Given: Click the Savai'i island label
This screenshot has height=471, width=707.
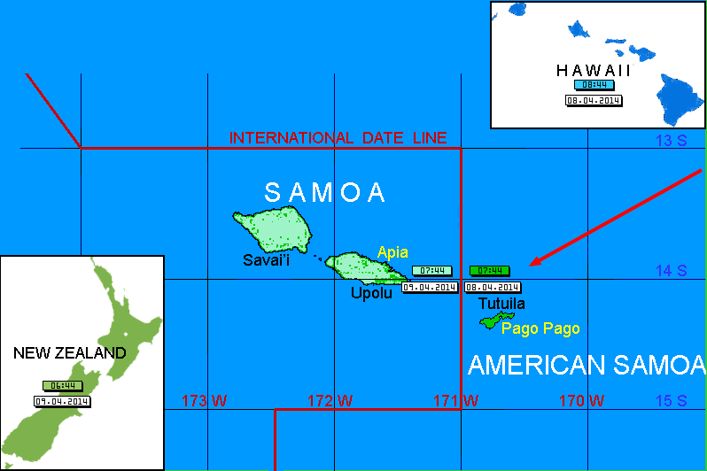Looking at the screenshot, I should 268,259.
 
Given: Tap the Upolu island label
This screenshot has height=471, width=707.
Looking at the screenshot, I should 371,293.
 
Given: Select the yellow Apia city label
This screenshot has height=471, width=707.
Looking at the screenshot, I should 392,252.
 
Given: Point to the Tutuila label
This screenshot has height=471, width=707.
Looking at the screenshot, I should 501,304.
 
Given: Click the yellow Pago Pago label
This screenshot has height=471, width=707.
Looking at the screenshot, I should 540,328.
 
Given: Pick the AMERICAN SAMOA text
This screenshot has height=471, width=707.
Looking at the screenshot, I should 587,365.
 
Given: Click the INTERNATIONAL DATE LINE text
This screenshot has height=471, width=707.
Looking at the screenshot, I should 338,138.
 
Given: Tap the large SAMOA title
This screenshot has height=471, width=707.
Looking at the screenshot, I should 325,192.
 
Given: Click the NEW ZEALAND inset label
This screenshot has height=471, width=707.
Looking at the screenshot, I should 70,352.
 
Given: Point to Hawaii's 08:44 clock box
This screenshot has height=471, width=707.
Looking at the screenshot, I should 593,85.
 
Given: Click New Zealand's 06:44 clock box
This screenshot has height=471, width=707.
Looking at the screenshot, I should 62,386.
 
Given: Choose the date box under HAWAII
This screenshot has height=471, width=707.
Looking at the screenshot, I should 593,100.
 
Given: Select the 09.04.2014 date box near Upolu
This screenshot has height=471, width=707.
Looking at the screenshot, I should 430,287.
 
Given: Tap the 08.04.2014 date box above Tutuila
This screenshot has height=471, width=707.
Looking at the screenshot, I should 493,287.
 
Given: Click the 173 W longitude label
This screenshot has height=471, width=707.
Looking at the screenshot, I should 204,401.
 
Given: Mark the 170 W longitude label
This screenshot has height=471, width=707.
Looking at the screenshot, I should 582,401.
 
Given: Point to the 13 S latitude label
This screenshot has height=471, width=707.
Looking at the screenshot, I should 671,140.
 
